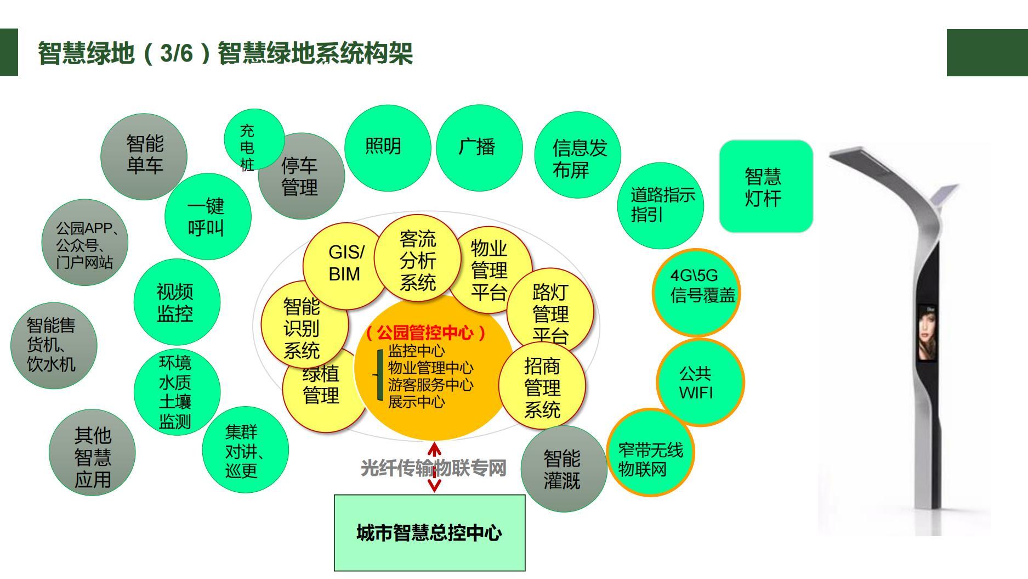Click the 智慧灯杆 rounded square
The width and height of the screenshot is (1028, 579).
click(765, 187)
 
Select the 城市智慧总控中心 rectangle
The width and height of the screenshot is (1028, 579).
click(429, 533)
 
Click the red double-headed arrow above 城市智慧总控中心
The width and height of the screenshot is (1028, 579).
click(434, 468)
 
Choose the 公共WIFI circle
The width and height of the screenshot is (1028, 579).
click(700, 383)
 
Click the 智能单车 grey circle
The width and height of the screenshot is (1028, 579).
click(144, 156)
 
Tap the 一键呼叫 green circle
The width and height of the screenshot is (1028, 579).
click(207, 217)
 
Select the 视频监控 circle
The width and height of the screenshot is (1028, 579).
click(177, 302)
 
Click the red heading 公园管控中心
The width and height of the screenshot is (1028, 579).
click(425, 333)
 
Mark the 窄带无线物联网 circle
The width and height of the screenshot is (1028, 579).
click(650, 452)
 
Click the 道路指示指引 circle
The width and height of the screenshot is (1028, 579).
click(660, 205)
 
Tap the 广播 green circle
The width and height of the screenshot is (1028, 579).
click(478, 147)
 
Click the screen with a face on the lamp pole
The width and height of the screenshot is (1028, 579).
click(927, 332)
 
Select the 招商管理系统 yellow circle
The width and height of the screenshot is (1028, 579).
click(542, 387)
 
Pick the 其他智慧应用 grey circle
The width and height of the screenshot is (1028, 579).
click(92, 457)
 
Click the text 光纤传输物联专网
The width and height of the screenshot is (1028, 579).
click(433, 468)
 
